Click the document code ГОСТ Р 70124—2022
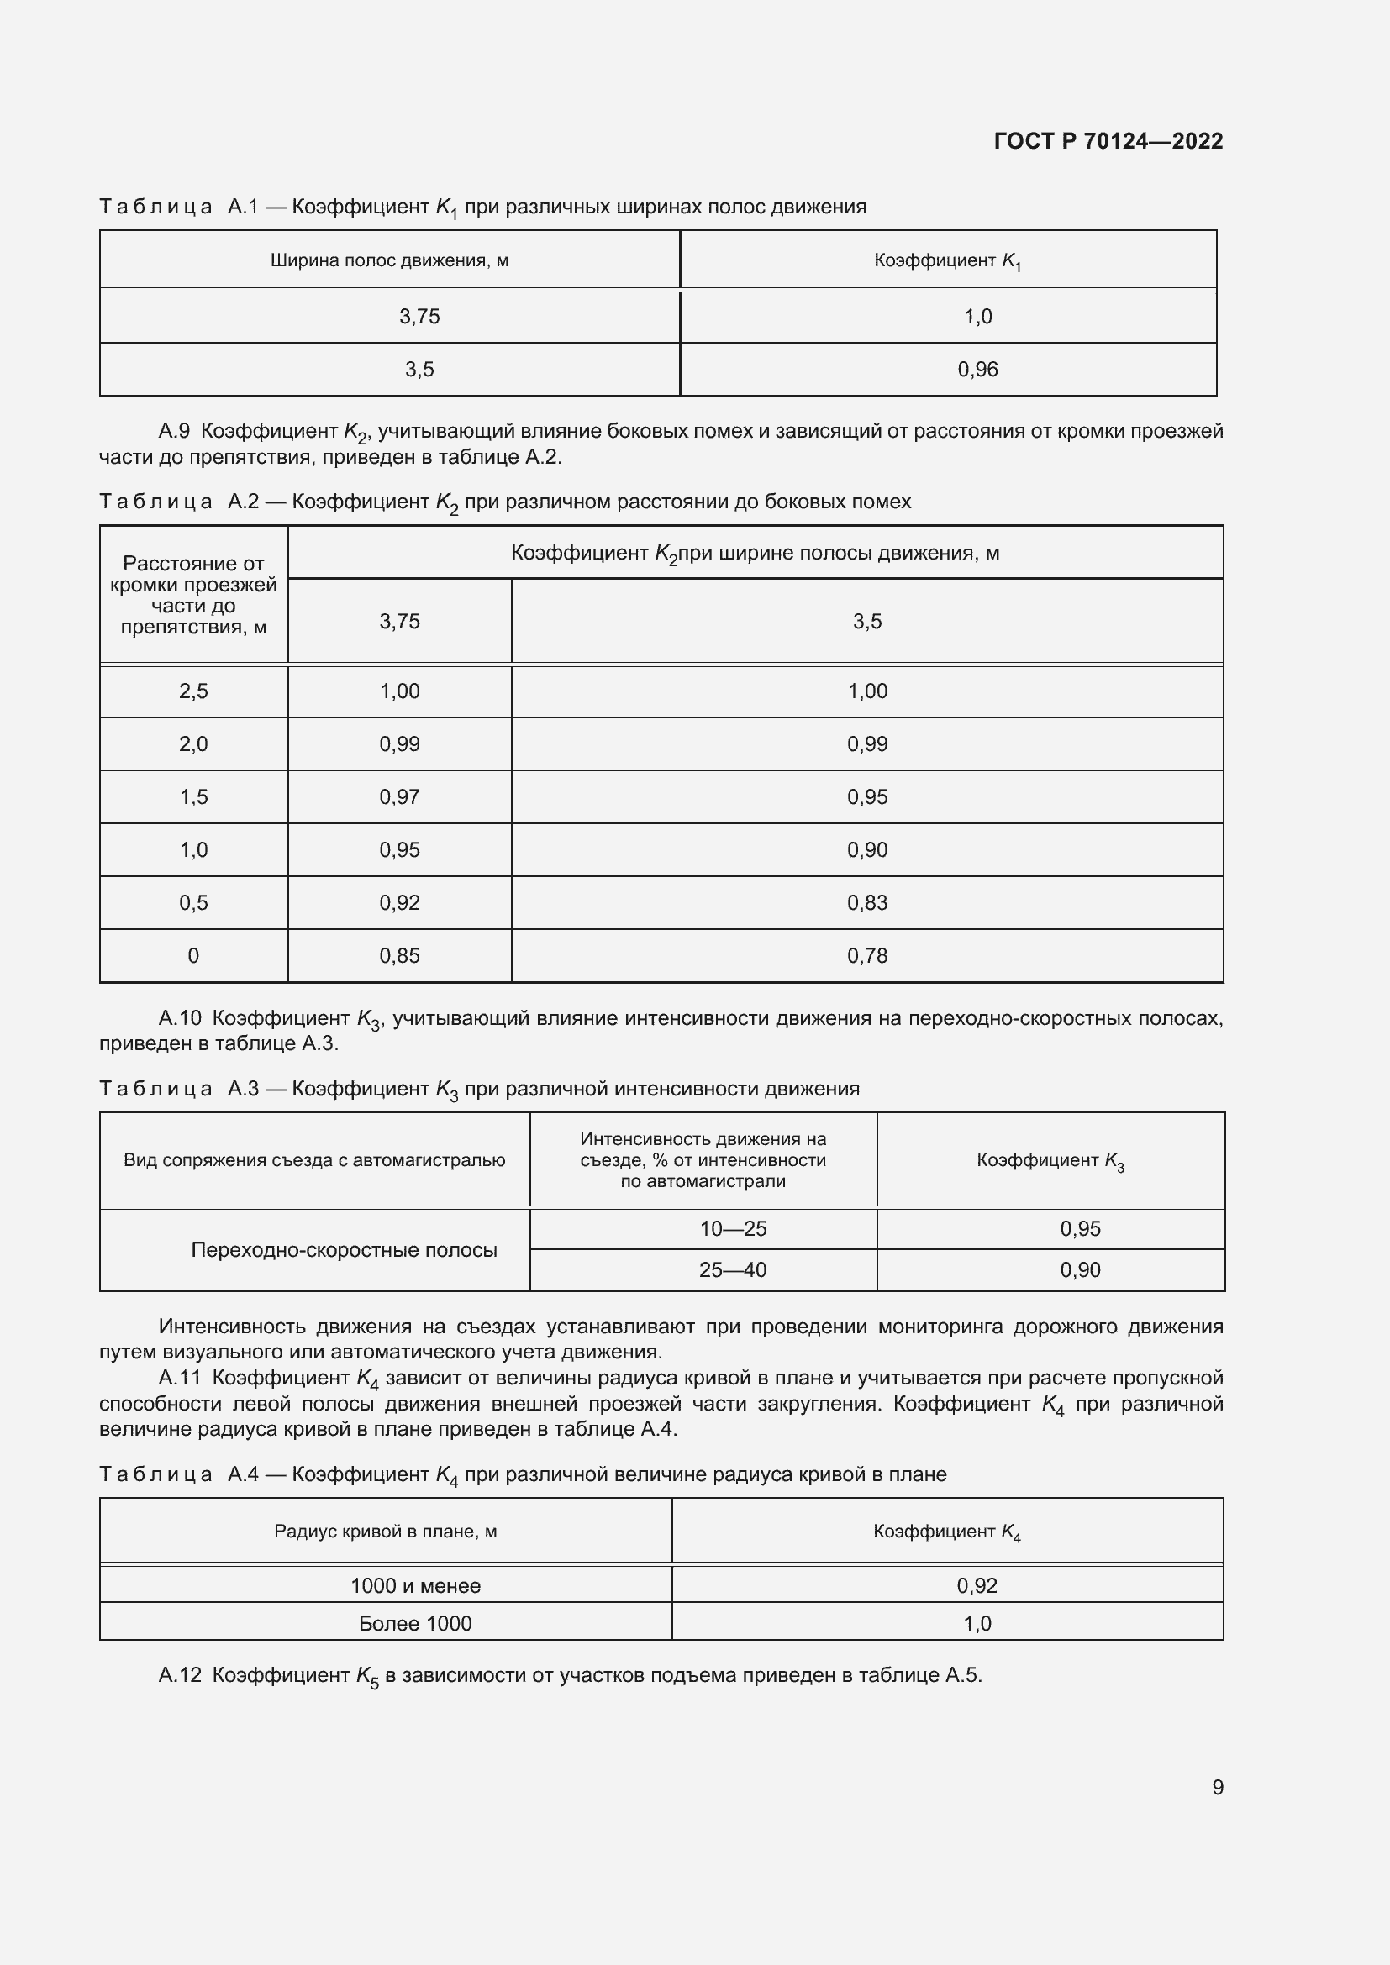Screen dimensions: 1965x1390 coord(1108,141)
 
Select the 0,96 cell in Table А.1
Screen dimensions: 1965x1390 coord(977,370)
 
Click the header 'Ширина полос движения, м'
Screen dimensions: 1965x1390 coord(389,260)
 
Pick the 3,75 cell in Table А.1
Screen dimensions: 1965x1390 coord(419,317)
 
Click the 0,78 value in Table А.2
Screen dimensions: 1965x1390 coord(867,956)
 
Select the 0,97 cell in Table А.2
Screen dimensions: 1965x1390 coord(400,796)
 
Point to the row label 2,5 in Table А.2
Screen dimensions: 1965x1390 coord(193,691)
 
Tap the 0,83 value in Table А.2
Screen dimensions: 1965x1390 coord(867,903)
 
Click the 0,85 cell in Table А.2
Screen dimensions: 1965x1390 coord(400,956)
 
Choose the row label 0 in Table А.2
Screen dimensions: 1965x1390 coord(193,956)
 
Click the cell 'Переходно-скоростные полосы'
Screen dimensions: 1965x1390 coord(343,1249)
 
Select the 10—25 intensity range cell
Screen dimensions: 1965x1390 coord(733,1229)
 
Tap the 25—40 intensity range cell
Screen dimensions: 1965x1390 coord(733,1270)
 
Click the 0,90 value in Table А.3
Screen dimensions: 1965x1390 coord(1080,1270)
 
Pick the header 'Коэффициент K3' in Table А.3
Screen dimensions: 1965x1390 coord(1050,1160)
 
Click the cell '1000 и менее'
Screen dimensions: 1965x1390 coord(415,1586)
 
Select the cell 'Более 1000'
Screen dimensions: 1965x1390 coord(415,1624)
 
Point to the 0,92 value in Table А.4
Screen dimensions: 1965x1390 coord(977,1586)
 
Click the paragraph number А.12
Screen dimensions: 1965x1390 coord(180,1676)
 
